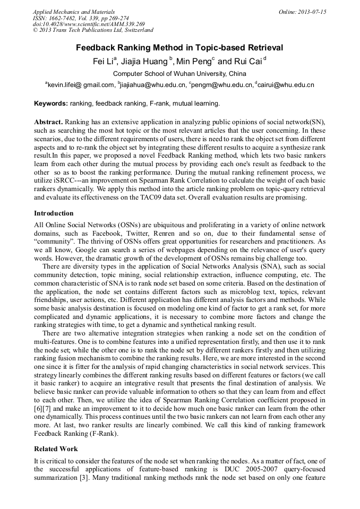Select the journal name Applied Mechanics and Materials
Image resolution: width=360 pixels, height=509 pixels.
click(70, 12)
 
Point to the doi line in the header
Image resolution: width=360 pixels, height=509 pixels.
click(89, 24)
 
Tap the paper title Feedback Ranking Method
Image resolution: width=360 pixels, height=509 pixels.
click(179, 48)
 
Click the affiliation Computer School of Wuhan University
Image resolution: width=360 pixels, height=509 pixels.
click(179, 74)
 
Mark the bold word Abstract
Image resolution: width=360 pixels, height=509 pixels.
click(48, 122)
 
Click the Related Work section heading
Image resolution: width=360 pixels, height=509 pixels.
click(56, 449)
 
